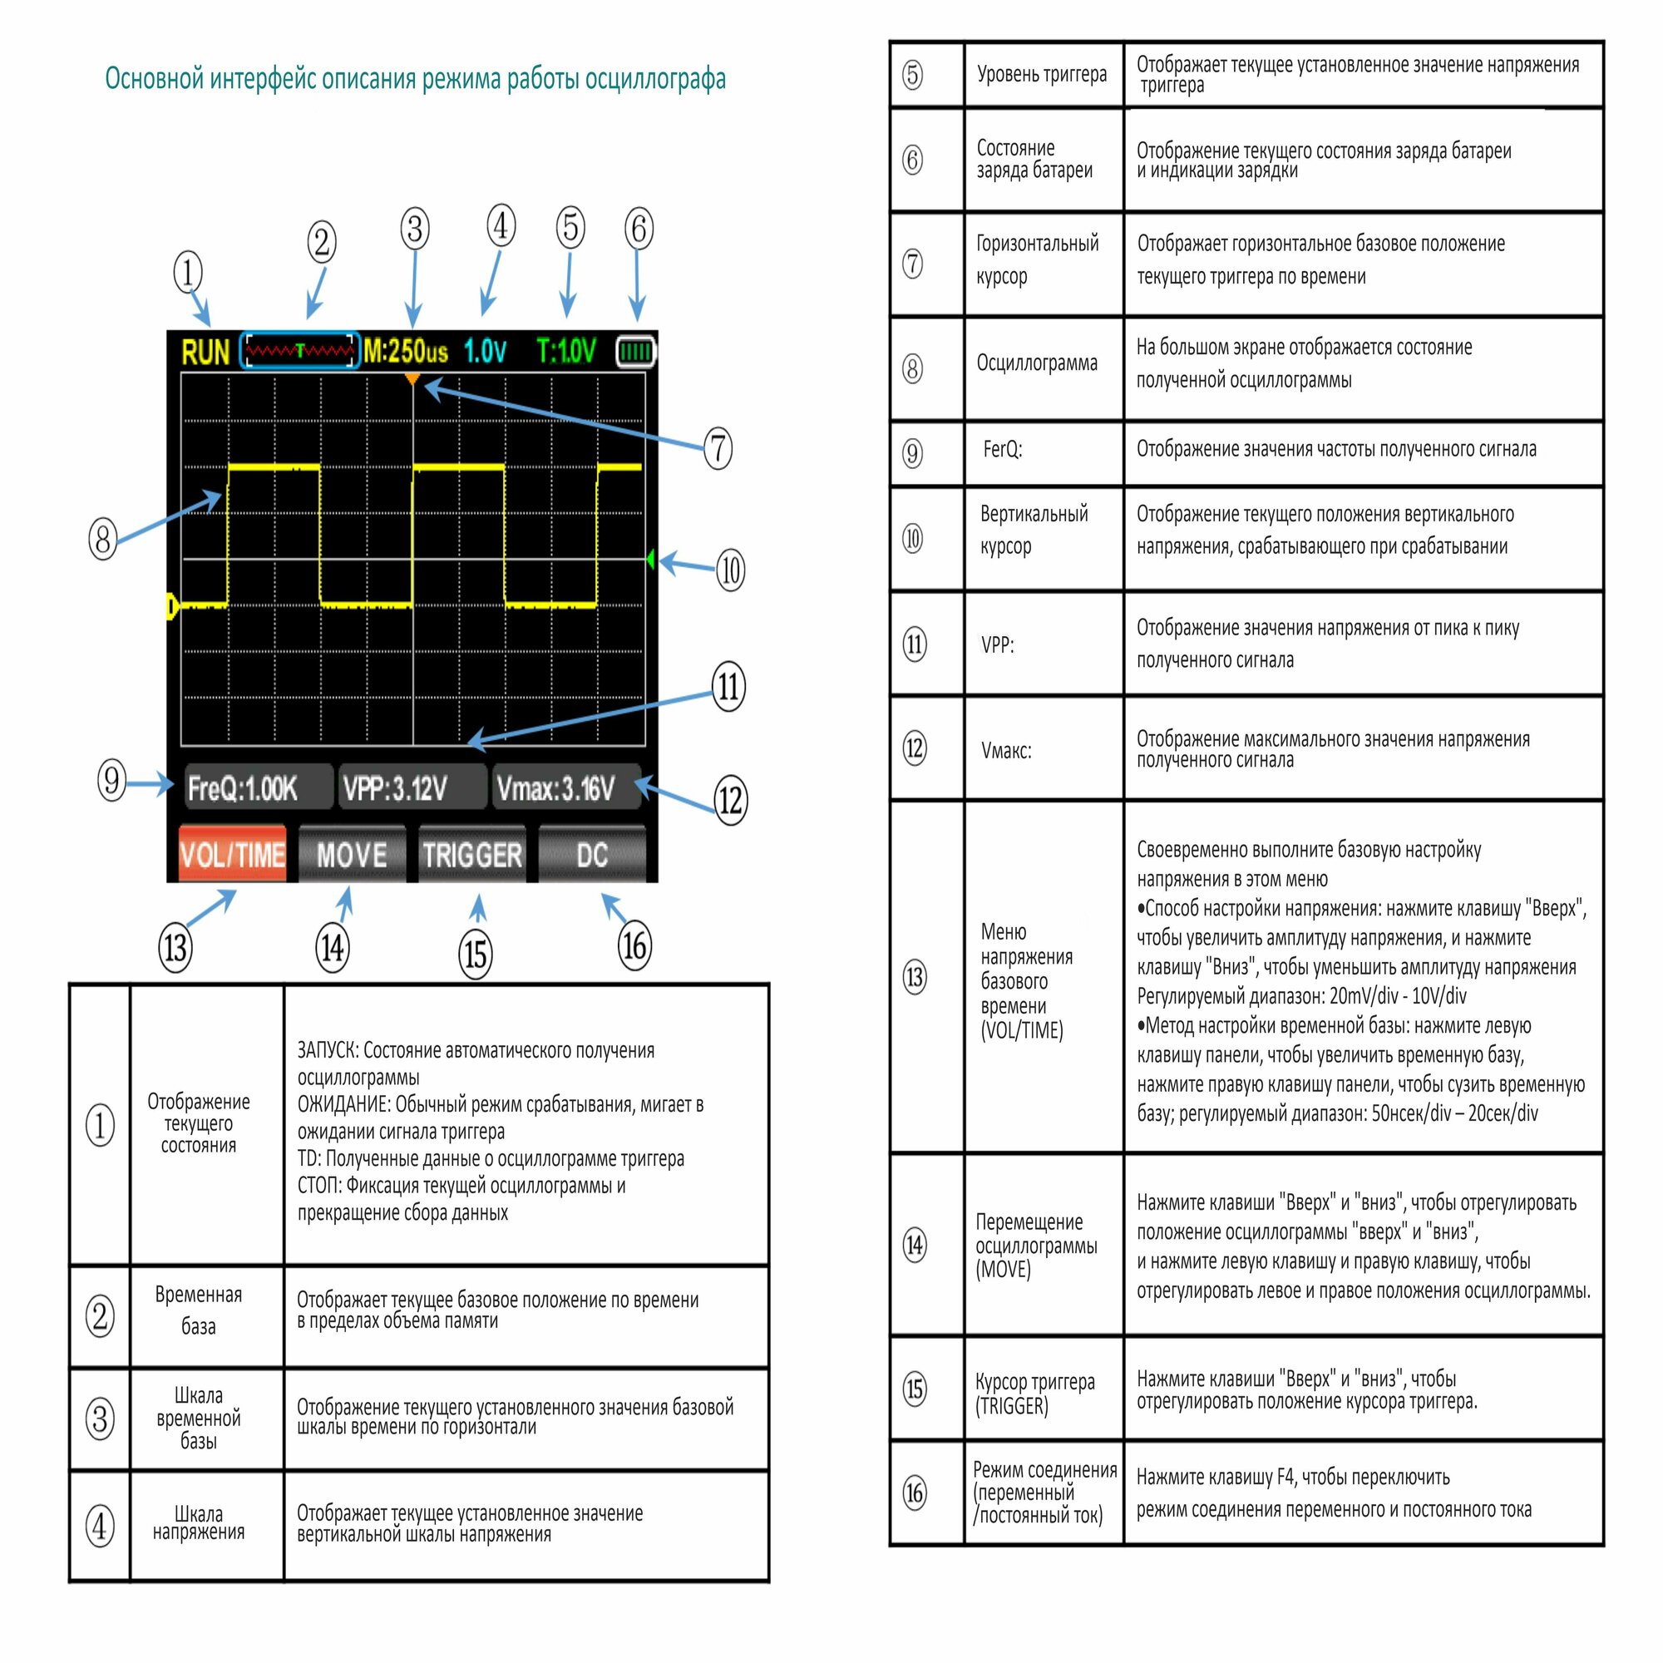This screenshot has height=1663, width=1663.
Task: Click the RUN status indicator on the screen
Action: (205, 352)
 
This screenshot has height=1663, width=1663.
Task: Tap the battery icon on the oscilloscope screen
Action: (636, 351)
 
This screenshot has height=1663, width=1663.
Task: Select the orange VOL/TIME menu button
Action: (233, 855)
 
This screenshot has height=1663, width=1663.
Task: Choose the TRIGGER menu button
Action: (471, 855)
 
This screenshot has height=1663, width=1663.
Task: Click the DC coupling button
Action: (591, 855)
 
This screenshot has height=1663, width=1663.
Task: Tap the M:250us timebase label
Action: (406, 351)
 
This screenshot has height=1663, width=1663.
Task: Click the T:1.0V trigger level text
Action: (565, 351)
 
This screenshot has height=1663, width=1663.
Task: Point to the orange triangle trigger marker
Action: (412, 378)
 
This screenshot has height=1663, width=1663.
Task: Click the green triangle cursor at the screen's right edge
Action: (651, 560)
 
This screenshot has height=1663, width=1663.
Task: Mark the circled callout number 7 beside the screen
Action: (718, 448)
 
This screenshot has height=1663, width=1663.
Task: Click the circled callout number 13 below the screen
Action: (175, 948)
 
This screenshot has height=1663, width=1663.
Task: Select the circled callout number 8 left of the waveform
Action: (103, 539)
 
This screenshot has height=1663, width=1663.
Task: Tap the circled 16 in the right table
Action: (914, 1493)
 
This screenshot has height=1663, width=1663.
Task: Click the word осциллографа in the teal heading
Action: (655, 79)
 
